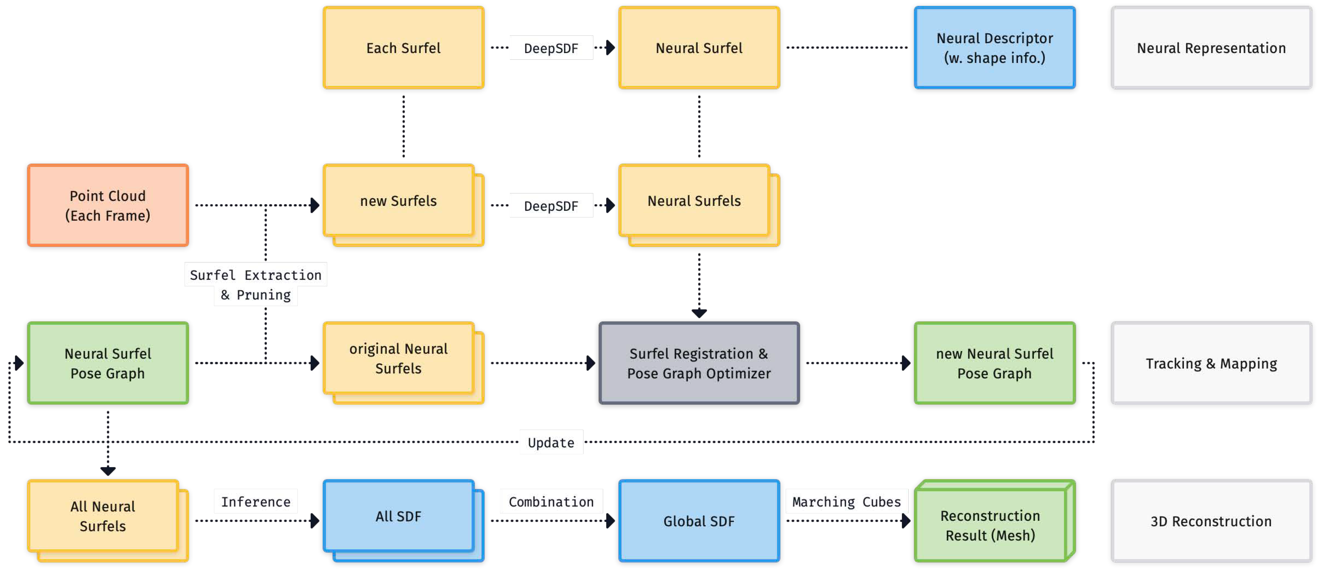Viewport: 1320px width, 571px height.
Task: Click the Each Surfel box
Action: click(403, 48)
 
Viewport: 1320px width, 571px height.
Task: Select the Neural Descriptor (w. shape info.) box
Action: click(994, 48)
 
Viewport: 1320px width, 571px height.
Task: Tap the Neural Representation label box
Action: click(1211, 48)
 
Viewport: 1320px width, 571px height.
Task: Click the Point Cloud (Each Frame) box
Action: click(107, 205)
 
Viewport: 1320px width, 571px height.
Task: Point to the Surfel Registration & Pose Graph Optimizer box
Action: click(699, 363)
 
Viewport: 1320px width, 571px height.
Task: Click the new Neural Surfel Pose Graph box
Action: click(994, 363)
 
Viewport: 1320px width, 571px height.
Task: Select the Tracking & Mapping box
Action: click(1211, 363)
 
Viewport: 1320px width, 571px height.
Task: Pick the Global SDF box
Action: click(699, 521)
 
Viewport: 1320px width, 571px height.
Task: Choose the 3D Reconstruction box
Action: click(1211, 521)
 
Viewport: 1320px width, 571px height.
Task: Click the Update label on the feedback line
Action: click(551, 442)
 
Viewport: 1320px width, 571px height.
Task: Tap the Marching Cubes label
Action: click(846, 501)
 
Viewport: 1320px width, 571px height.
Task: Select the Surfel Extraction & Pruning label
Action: click(256, 285)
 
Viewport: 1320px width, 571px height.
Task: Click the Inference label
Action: click(256, 501)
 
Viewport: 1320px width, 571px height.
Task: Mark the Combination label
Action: click(551, 501)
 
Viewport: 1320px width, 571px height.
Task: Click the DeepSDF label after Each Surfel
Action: click(551, 48)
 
